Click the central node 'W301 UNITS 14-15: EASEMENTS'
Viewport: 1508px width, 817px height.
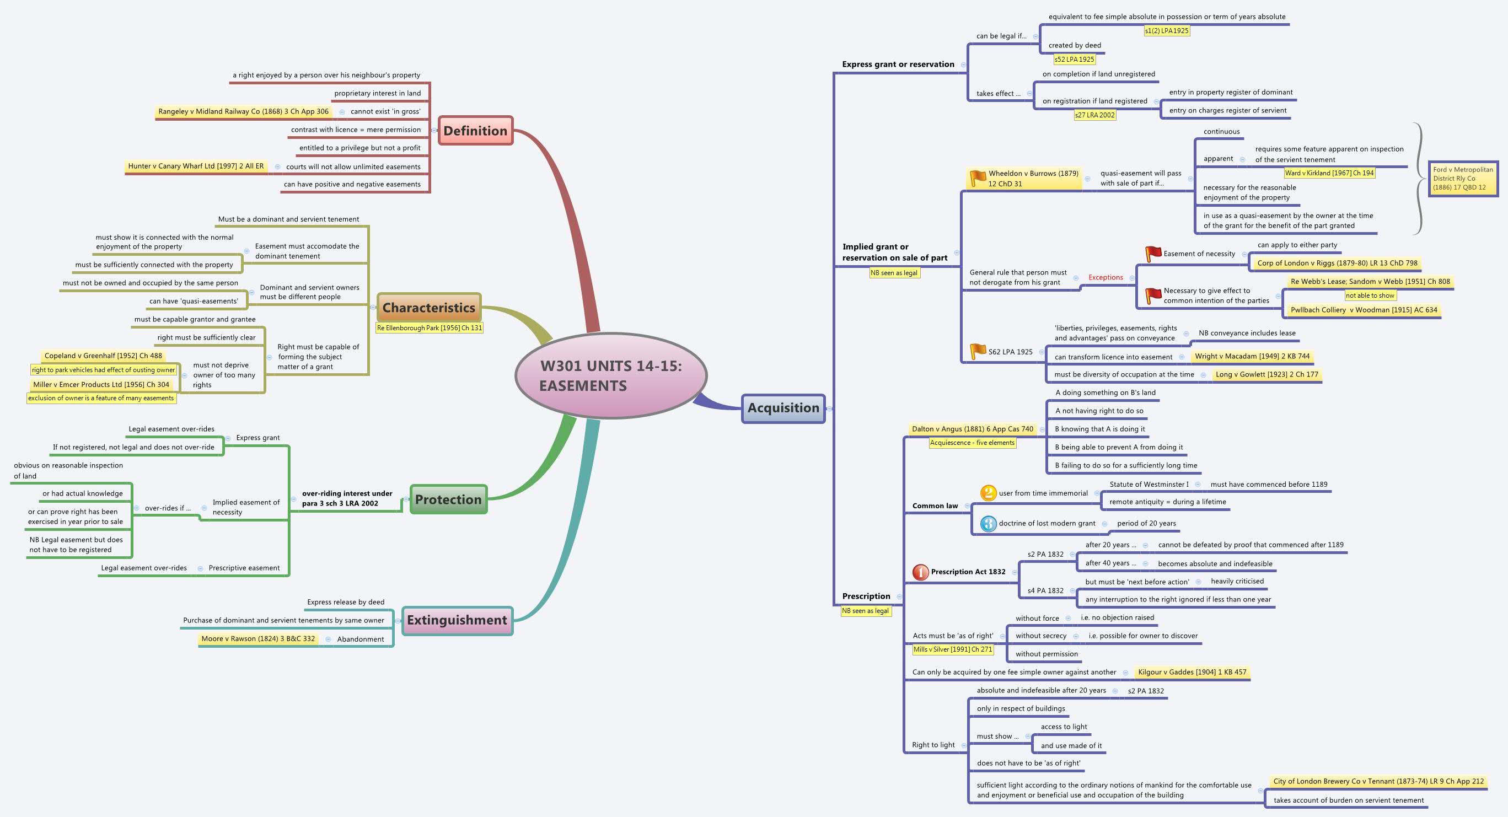pos(610,376)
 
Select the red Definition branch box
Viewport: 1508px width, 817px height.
pos(475,131)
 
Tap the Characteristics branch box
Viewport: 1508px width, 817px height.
pos(428,307)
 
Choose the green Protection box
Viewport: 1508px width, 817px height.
pos(448,499)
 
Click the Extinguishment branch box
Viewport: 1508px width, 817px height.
pos(457,620)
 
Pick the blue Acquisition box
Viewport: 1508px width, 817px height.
pos(783,408)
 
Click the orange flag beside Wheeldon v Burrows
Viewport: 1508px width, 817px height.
pos(978,178)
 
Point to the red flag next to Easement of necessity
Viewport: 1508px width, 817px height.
pos(1153,254)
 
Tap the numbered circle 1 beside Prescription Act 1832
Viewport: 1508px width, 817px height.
pos(920,572)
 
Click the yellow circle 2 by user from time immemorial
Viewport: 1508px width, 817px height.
pos(988,493)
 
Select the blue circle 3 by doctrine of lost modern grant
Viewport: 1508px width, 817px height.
pos(988,523)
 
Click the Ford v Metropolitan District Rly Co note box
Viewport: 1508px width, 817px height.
pos(1462,179)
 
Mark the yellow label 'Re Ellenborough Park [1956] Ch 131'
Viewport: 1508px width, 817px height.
pos(429,327)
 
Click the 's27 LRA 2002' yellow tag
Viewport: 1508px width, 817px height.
pos(1094,115)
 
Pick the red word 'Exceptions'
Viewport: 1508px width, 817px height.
pos(1105,277)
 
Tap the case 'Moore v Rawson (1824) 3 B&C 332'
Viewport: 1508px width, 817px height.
pos(258,638)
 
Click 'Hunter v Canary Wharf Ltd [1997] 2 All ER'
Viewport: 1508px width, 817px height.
pos(196,166)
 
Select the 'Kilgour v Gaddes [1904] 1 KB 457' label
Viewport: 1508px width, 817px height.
pos(1192,672)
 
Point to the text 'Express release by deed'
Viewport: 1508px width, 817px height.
pos(345,601)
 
